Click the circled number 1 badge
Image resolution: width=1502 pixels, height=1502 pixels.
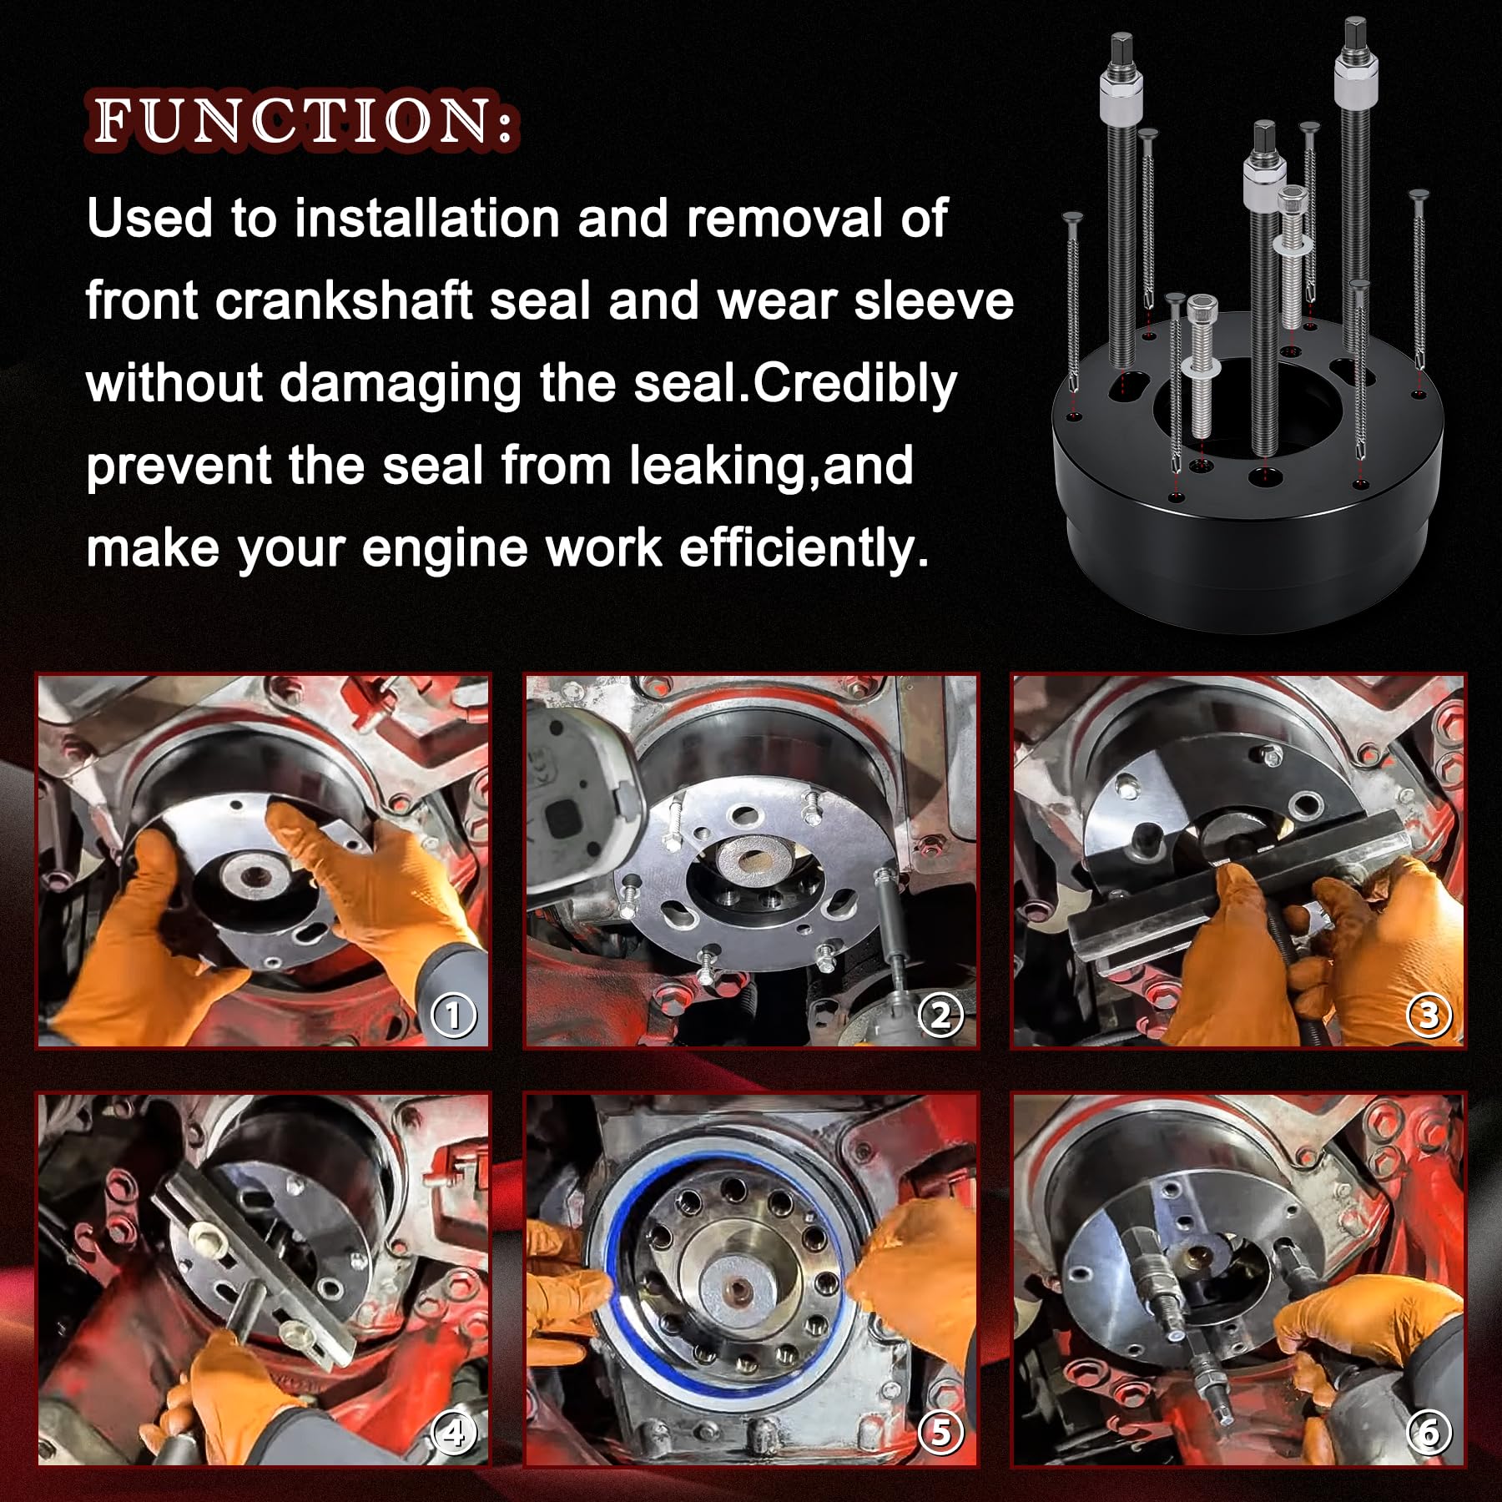(453, 1016)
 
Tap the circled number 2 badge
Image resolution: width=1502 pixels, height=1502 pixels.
(940, 1016)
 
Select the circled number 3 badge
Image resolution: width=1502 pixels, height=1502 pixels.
(1429, 1016)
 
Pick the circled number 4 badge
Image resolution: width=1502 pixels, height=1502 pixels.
(453, 1433)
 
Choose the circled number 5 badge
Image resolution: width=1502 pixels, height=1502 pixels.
(940, 1433)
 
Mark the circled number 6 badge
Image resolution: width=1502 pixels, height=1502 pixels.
(1429, 1433)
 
